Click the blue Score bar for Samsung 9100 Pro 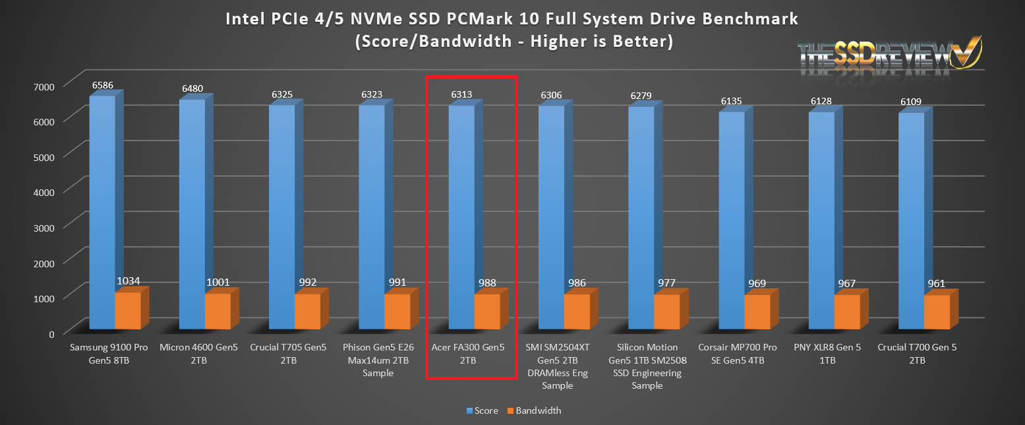(102, 211)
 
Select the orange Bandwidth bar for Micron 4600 (218, 311)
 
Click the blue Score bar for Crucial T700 (911, 218)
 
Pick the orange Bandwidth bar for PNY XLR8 (847, 312)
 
